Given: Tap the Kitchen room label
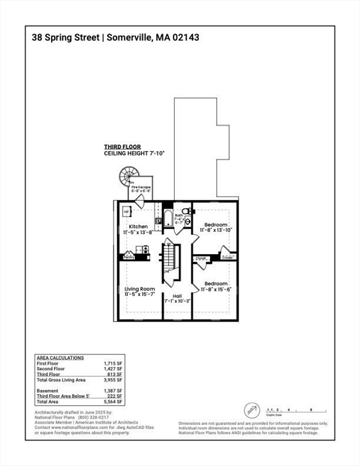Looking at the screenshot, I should point(137,226).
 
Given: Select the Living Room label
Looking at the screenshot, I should point(140,289).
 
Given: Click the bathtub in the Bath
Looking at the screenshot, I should point(168,218).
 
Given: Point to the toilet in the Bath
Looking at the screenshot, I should point(188,211).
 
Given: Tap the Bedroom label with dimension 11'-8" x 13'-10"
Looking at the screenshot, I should point(216,225).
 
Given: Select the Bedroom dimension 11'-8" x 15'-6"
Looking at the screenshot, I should point(216,289).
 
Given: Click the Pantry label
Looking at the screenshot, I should point(129,257).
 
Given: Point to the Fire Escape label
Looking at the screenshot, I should point(141,187).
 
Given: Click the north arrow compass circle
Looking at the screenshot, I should point(252,411).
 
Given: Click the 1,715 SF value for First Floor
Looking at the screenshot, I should point(114,362).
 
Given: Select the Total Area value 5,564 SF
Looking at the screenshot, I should point(114,402).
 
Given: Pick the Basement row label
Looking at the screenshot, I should point(47,391).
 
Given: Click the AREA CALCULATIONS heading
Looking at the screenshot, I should point(60,357).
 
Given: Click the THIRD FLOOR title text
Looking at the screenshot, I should point(122,147).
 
